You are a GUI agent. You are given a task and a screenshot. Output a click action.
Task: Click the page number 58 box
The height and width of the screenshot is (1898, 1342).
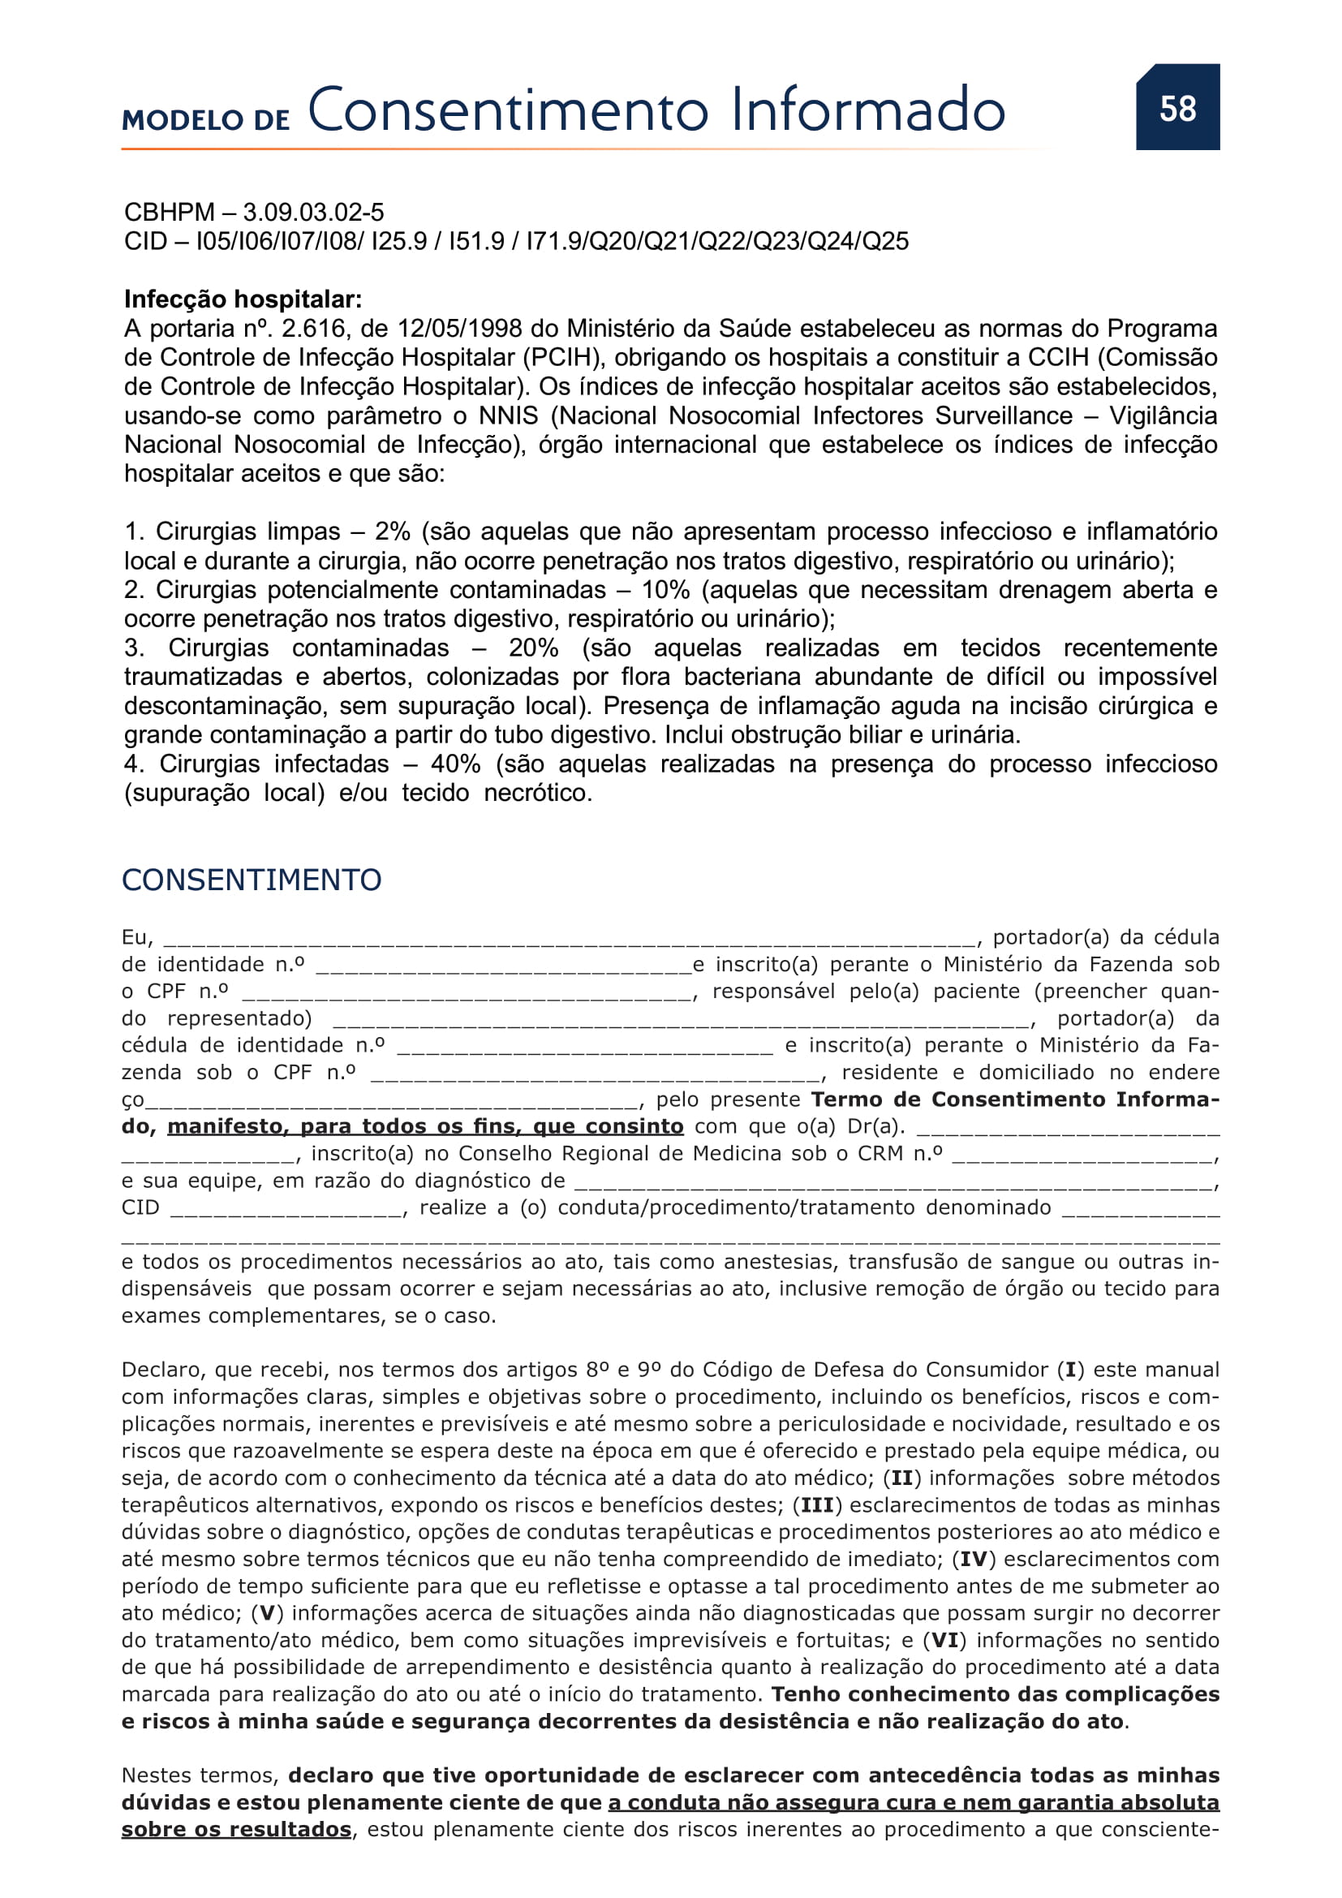[x=1176, y=108]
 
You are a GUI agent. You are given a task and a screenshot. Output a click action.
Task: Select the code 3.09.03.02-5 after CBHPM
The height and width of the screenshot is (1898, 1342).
[x=313, y=213]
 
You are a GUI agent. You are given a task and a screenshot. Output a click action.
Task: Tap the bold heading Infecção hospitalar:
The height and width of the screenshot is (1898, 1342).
[x=243, y=299]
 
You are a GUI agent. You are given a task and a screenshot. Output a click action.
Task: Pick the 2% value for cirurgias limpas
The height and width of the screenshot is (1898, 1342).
[x=393, y=532]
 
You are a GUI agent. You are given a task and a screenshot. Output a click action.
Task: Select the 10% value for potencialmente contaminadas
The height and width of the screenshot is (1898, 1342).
[x=666, y=590]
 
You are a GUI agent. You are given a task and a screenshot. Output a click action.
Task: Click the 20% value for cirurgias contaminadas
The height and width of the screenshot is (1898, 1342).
[x=534, y=648]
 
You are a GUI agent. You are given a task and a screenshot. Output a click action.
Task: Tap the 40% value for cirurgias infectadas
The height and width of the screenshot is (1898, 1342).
[x=456, y=764]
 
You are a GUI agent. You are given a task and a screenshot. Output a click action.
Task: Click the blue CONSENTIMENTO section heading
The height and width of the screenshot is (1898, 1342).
[x=252, y=880]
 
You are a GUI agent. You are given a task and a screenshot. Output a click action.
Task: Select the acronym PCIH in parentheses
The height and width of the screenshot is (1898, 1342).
[x=561, y=358]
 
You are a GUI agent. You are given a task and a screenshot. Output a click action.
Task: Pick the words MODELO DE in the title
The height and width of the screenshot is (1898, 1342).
[x=206, y=121]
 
